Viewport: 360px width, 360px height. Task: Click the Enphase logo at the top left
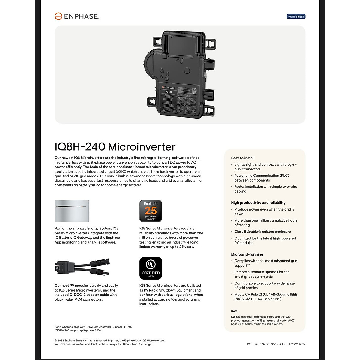coord(77,16)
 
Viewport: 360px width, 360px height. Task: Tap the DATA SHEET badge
coord(296,16)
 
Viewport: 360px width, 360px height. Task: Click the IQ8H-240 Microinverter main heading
coord(115,147)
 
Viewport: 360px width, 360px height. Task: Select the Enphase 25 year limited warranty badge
coord(151,211)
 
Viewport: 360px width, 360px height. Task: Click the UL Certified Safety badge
coord(151,268)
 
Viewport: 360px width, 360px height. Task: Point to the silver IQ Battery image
coord(72,211)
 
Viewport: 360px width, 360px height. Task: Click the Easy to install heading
coord(243,158)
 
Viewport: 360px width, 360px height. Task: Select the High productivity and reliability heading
coord(258,203)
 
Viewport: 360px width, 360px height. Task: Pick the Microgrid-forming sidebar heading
coord(247,254)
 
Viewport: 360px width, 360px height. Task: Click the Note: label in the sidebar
coord(235,311)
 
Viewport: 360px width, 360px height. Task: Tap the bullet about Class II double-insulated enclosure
coord(262,232)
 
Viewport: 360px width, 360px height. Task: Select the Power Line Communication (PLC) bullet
coord(262,178)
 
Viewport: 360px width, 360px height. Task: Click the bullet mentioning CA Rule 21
coord(265,297)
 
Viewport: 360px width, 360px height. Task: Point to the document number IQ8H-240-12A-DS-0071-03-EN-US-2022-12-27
coord(276,344)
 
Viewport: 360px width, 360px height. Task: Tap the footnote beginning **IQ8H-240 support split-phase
coord(78,331)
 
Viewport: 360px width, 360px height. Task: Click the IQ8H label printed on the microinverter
coord(169,92)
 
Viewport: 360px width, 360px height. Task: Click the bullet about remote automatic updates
coord(262,274)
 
